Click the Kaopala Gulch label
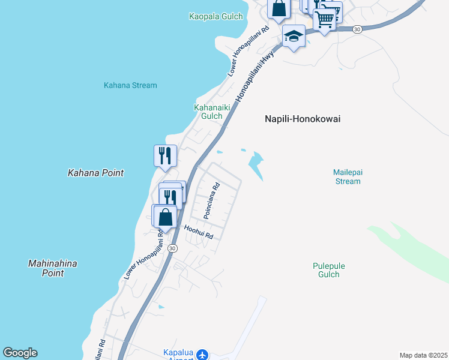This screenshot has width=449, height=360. tap(217, 16)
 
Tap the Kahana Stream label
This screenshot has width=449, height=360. tap(130, 85)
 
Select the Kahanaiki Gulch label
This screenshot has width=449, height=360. tap(208, 112)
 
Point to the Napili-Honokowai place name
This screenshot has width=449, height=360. tap(303, 119)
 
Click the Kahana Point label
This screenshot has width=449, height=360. tap(95, 173)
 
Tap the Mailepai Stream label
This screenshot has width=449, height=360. tap(348, 176)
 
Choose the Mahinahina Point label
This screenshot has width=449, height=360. tap(53, 268)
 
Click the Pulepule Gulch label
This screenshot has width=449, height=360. tap(329, 270)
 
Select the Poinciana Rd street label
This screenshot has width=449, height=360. tap(211, 200)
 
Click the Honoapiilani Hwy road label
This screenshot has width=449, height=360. tap(255, 77)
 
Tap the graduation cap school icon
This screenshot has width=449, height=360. tap(293, 37)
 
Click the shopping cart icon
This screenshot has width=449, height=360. tap(325, 20)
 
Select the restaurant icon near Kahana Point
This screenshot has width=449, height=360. tap(165, 156)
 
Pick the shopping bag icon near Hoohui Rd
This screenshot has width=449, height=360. tap(166, 217)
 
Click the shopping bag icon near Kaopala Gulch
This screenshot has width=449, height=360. tap(279, 9)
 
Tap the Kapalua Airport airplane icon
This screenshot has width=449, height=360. tap(202, 355)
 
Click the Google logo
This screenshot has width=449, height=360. tap(20, 353)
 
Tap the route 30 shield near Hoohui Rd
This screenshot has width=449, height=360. tap(172, 248)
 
